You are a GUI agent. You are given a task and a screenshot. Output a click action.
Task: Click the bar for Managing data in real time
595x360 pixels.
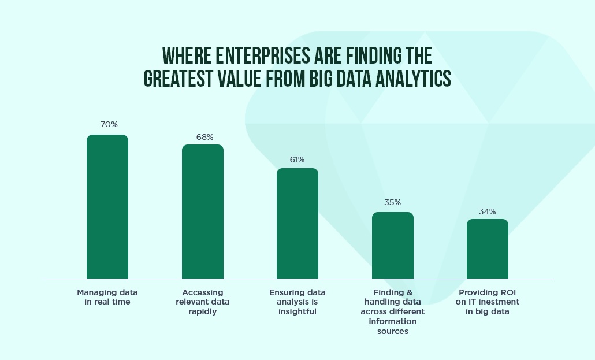coord(107,207)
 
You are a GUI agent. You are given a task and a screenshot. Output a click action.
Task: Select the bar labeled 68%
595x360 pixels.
coord(203,211)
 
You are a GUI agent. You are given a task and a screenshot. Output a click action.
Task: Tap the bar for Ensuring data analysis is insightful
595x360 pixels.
coord(297,223)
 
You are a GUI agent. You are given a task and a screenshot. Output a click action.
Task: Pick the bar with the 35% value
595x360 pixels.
coord(393,246)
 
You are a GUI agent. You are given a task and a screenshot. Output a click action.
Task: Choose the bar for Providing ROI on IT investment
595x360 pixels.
coord(488,248)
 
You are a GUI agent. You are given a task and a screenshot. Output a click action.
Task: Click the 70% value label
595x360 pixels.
coord(109,125)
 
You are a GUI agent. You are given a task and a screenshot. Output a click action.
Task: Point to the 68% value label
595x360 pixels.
coord(204,137)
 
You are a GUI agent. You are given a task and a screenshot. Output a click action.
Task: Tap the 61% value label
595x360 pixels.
coord(297,160)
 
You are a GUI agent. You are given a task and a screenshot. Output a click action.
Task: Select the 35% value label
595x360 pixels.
coord(392,202)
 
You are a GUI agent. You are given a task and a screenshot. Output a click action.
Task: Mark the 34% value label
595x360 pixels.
coord(487,211)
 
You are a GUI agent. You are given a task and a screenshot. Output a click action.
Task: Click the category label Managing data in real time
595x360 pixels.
coord(107,297)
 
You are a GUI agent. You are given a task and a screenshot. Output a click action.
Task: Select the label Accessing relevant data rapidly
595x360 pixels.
coord(203,302)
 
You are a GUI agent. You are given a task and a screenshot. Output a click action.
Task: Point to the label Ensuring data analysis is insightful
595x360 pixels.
coord(297,302)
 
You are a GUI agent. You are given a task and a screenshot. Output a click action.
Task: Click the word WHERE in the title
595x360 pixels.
coord(187,56)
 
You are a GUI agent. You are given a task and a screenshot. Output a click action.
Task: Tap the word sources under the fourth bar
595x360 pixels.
coord(393,331)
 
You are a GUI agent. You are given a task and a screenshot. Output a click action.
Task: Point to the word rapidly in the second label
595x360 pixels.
coord(203,312)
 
